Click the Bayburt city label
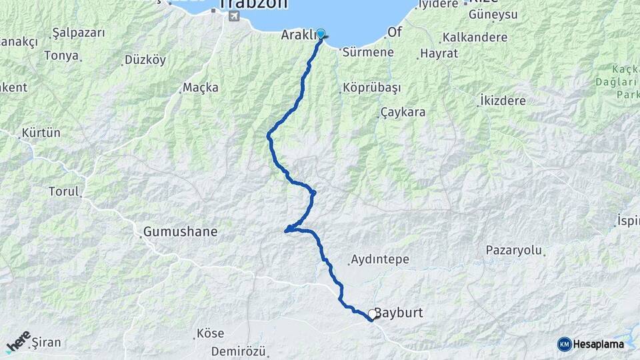click(399, 313)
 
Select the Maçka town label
click(201, 88)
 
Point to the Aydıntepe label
click(379, 259)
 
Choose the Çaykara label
click(403, 112)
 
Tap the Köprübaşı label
click(371, 88)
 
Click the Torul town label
click(63, 191)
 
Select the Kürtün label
click(41, 133)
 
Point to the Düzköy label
click(145, 60)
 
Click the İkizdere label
click(503, 101)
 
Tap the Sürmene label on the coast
click(367, 52)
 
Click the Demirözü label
click(239, 351)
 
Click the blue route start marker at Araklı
click(321, 34)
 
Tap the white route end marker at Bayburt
click(372, 313)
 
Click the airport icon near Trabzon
click(233, 16)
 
